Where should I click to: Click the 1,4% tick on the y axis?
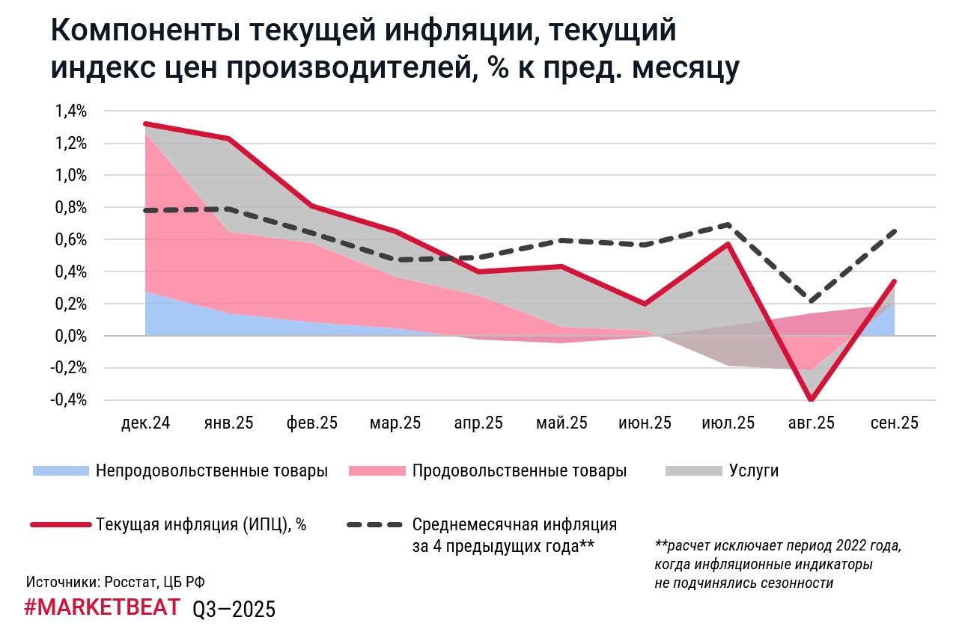click(71, 111)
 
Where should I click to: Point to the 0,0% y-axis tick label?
click(71, 337)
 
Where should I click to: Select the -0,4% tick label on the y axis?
click(70, 401)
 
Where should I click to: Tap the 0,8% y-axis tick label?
click(71, 208)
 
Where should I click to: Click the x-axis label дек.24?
click(145, 423)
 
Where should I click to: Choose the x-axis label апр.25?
click(478, 423)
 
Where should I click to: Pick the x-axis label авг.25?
click(811, 423)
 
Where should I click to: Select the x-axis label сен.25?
click(894, 423)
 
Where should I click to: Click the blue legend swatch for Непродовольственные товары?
click(60, 471)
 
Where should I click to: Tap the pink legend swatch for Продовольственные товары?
click(377, 471)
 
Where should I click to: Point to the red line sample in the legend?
click(60, 524)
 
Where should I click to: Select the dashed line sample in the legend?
click(377, 524)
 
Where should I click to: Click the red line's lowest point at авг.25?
click(811, 400)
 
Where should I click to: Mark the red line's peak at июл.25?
click(728, 244)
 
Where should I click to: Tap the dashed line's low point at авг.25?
click(811, 301)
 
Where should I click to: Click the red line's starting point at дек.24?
click(145, 123)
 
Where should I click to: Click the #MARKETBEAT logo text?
click(102, 607)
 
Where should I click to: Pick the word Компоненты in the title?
click(142, 31)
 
